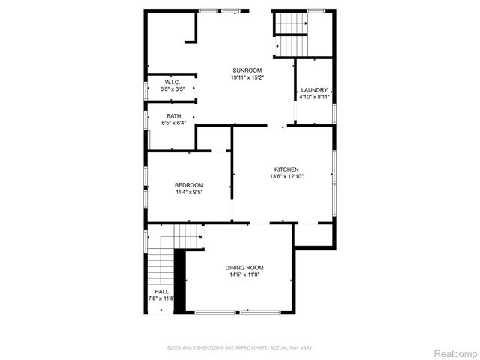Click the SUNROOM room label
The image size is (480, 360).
247,70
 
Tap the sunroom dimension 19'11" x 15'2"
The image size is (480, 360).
247,76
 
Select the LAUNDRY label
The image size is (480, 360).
314,89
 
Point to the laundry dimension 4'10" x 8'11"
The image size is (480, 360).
314,96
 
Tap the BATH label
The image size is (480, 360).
174,116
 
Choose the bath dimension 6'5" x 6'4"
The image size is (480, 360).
174,123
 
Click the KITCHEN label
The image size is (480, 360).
286,169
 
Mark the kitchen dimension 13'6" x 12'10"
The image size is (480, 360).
286,176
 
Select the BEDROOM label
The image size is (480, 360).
189,185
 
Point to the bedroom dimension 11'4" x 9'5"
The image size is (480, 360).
189,192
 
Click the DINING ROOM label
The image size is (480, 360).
244,267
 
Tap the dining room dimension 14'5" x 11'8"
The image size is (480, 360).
244,274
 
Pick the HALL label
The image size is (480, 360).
161,291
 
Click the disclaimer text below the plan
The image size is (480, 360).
239,347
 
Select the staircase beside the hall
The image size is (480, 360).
160,263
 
